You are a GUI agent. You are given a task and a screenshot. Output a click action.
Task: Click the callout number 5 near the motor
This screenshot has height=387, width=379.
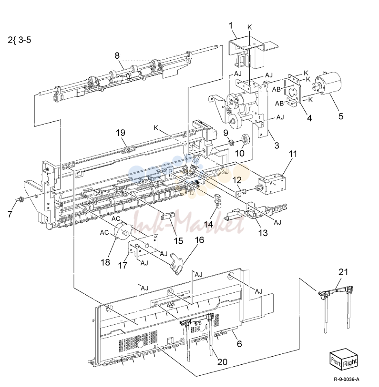(x=341, y=116)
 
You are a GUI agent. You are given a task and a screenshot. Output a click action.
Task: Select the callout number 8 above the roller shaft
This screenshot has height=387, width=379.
(x=117, y=55)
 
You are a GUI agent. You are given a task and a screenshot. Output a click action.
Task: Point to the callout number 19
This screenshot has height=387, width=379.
(x=120, y=133)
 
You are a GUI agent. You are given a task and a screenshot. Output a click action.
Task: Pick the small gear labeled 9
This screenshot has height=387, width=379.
(x=231, y=142)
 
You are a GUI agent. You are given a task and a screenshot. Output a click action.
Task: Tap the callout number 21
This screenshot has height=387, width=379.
(x=343, y=272)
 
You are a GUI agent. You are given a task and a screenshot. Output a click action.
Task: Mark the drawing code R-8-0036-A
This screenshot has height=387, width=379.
(x=347, y=379)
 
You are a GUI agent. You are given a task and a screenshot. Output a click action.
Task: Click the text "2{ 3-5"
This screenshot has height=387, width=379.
(x=19, y=40)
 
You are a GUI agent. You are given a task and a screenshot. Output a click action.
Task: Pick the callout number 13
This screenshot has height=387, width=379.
(x=263, y=232)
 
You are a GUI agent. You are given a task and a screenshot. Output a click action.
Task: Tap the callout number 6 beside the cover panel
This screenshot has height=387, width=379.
(x=239, y=344)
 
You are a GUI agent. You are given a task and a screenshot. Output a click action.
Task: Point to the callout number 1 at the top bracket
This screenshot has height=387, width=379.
(x=231, y=26)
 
